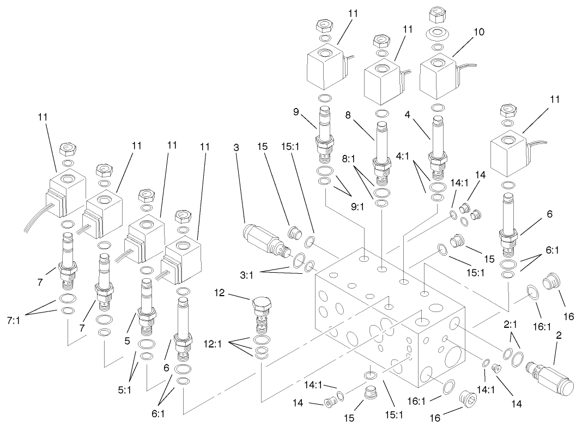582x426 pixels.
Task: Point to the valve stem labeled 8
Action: (381, 152)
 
